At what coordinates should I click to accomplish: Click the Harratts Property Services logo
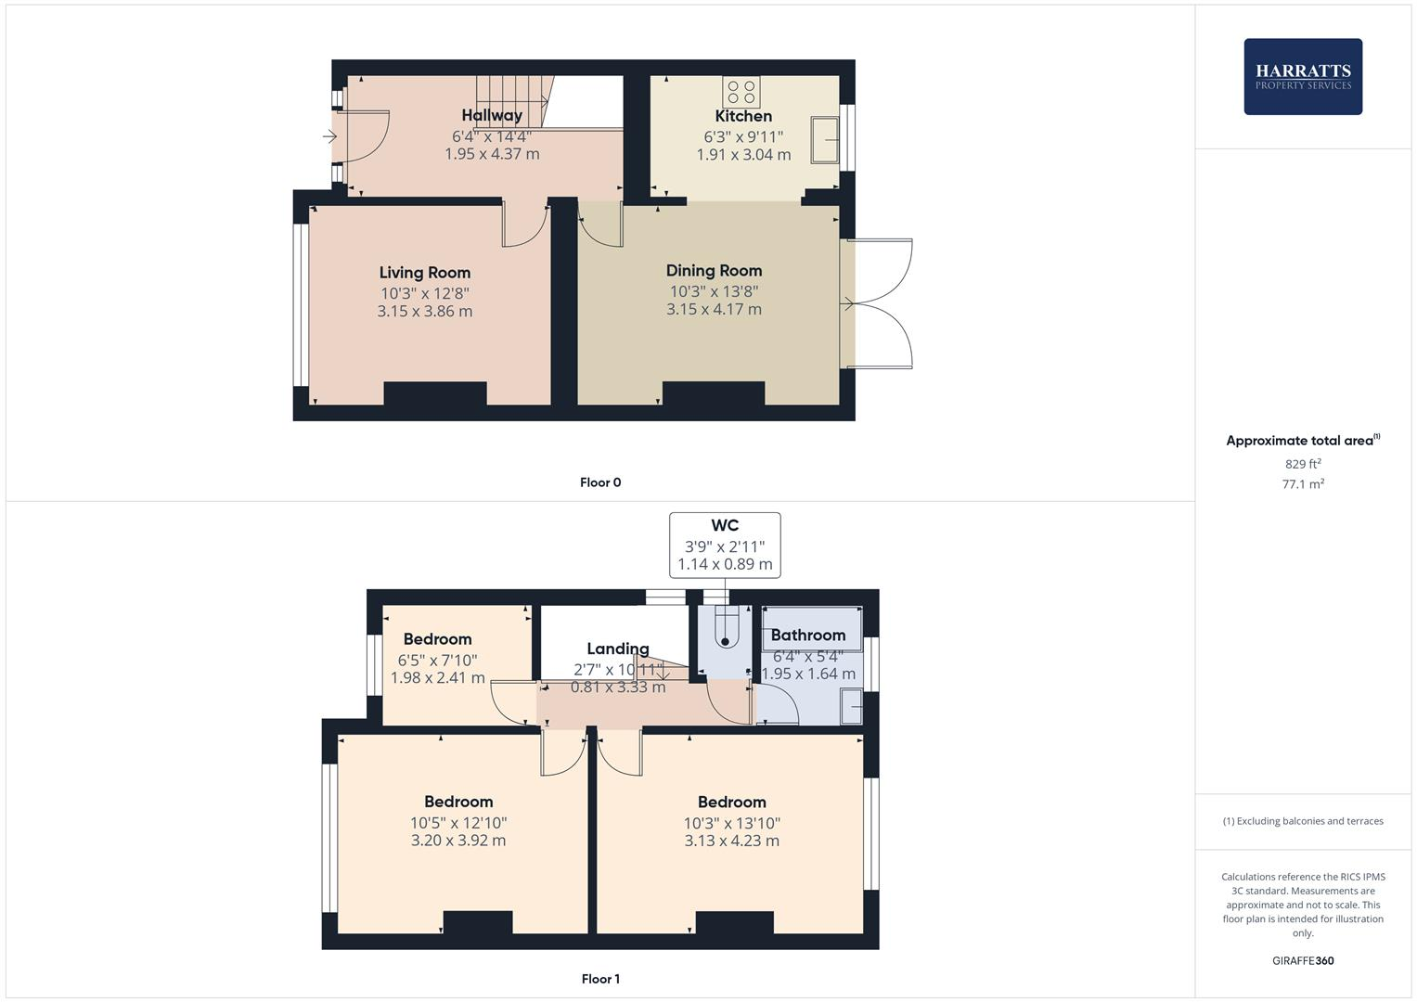(1302, 76)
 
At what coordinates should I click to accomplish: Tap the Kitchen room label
(743, 116)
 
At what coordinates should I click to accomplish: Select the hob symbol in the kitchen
(741, 92)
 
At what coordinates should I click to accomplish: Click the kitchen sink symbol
(824, 140)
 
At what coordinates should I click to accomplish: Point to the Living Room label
(424, 273)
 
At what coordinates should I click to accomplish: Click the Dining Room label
(714, 271)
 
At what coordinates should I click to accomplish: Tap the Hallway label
(492, 115)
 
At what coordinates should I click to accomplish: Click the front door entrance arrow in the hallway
(329, 137)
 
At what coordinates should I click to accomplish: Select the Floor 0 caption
(600, 482)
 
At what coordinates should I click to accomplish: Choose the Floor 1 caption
(600, 979)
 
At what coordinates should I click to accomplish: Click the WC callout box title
(725, 526)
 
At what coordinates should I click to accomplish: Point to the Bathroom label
(808, 636)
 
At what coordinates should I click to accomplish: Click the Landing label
(617, 649)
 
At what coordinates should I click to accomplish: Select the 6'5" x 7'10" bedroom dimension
(437, 661)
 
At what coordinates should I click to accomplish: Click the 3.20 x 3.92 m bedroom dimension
(458, 841)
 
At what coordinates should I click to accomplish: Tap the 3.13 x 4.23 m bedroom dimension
(731, 841)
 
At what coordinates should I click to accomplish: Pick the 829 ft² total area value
(1303, 464)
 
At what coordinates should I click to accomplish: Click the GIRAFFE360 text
(1303, 961)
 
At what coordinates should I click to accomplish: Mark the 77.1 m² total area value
(1303, 484)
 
